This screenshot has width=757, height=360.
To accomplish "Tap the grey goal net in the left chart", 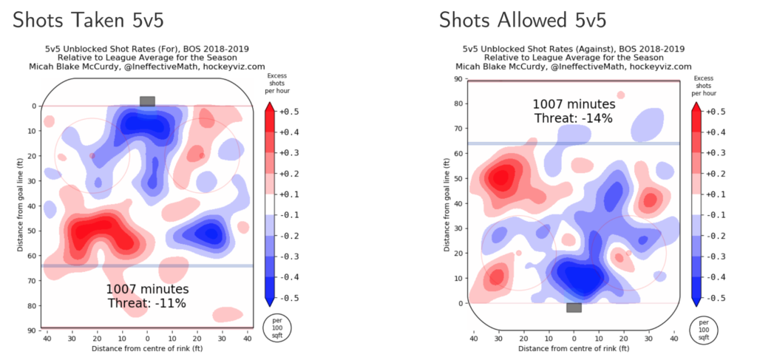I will point(147,101).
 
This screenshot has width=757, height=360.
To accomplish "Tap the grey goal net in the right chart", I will point(574,307).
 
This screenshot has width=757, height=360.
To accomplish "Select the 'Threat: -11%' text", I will point(147,303).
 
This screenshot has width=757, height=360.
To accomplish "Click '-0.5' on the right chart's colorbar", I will point(713,298).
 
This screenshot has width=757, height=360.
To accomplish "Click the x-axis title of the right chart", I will point(574,347).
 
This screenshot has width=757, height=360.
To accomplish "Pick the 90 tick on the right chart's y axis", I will point(458,79).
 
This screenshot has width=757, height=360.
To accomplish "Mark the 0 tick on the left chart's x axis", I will point(147,338).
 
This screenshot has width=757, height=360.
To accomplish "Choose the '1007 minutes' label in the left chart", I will point(147,289).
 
